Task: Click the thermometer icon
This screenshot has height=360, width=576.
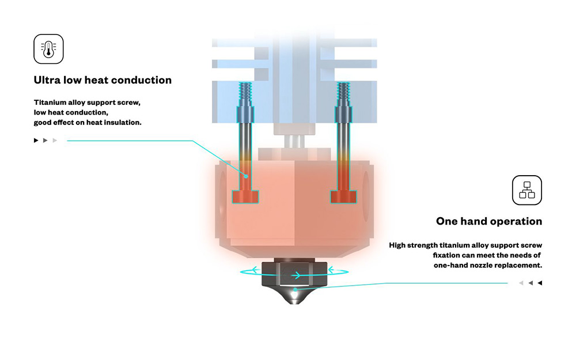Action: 48,49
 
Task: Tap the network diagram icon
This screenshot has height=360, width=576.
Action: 527,191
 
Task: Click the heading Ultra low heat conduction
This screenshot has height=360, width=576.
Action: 103,80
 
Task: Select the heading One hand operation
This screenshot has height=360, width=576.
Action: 488,221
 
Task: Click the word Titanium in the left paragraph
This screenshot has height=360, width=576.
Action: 50,102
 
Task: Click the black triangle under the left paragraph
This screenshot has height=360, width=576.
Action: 36,140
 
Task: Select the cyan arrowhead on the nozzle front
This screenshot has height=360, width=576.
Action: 298,275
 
